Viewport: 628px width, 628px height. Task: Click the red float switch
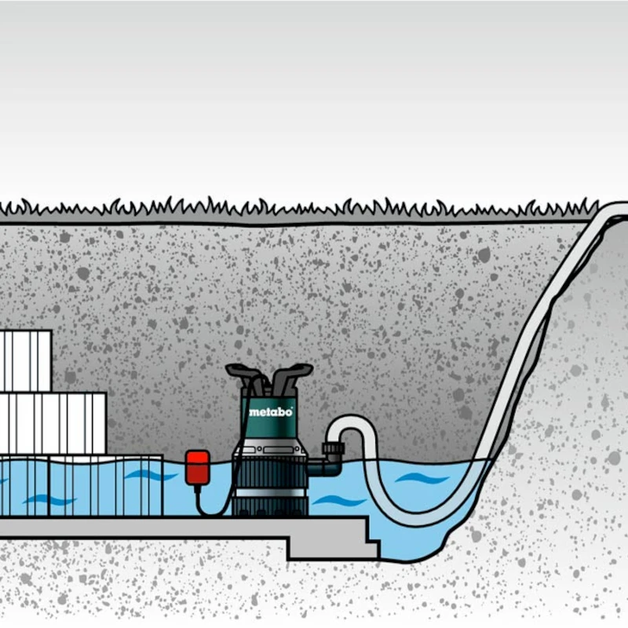197,467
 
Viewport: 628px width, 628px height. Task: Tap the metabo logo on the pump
270,411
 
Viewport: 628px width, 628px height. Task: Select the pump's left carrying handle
245,376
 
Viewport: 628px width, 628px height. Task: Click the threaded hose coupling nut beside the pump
333,448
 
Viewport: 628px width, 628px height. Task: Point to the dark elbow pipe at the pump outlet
327,467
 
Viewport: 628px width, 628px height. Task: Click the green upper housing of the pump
269,414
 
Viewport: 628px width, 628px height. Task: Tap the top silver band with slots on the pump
271,448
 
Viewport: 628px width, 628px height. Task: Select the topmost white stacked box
25,361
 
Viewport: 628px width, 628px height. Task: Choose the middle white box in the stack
53,424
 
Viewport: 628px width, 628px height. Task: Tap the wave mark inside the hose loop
422,478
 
